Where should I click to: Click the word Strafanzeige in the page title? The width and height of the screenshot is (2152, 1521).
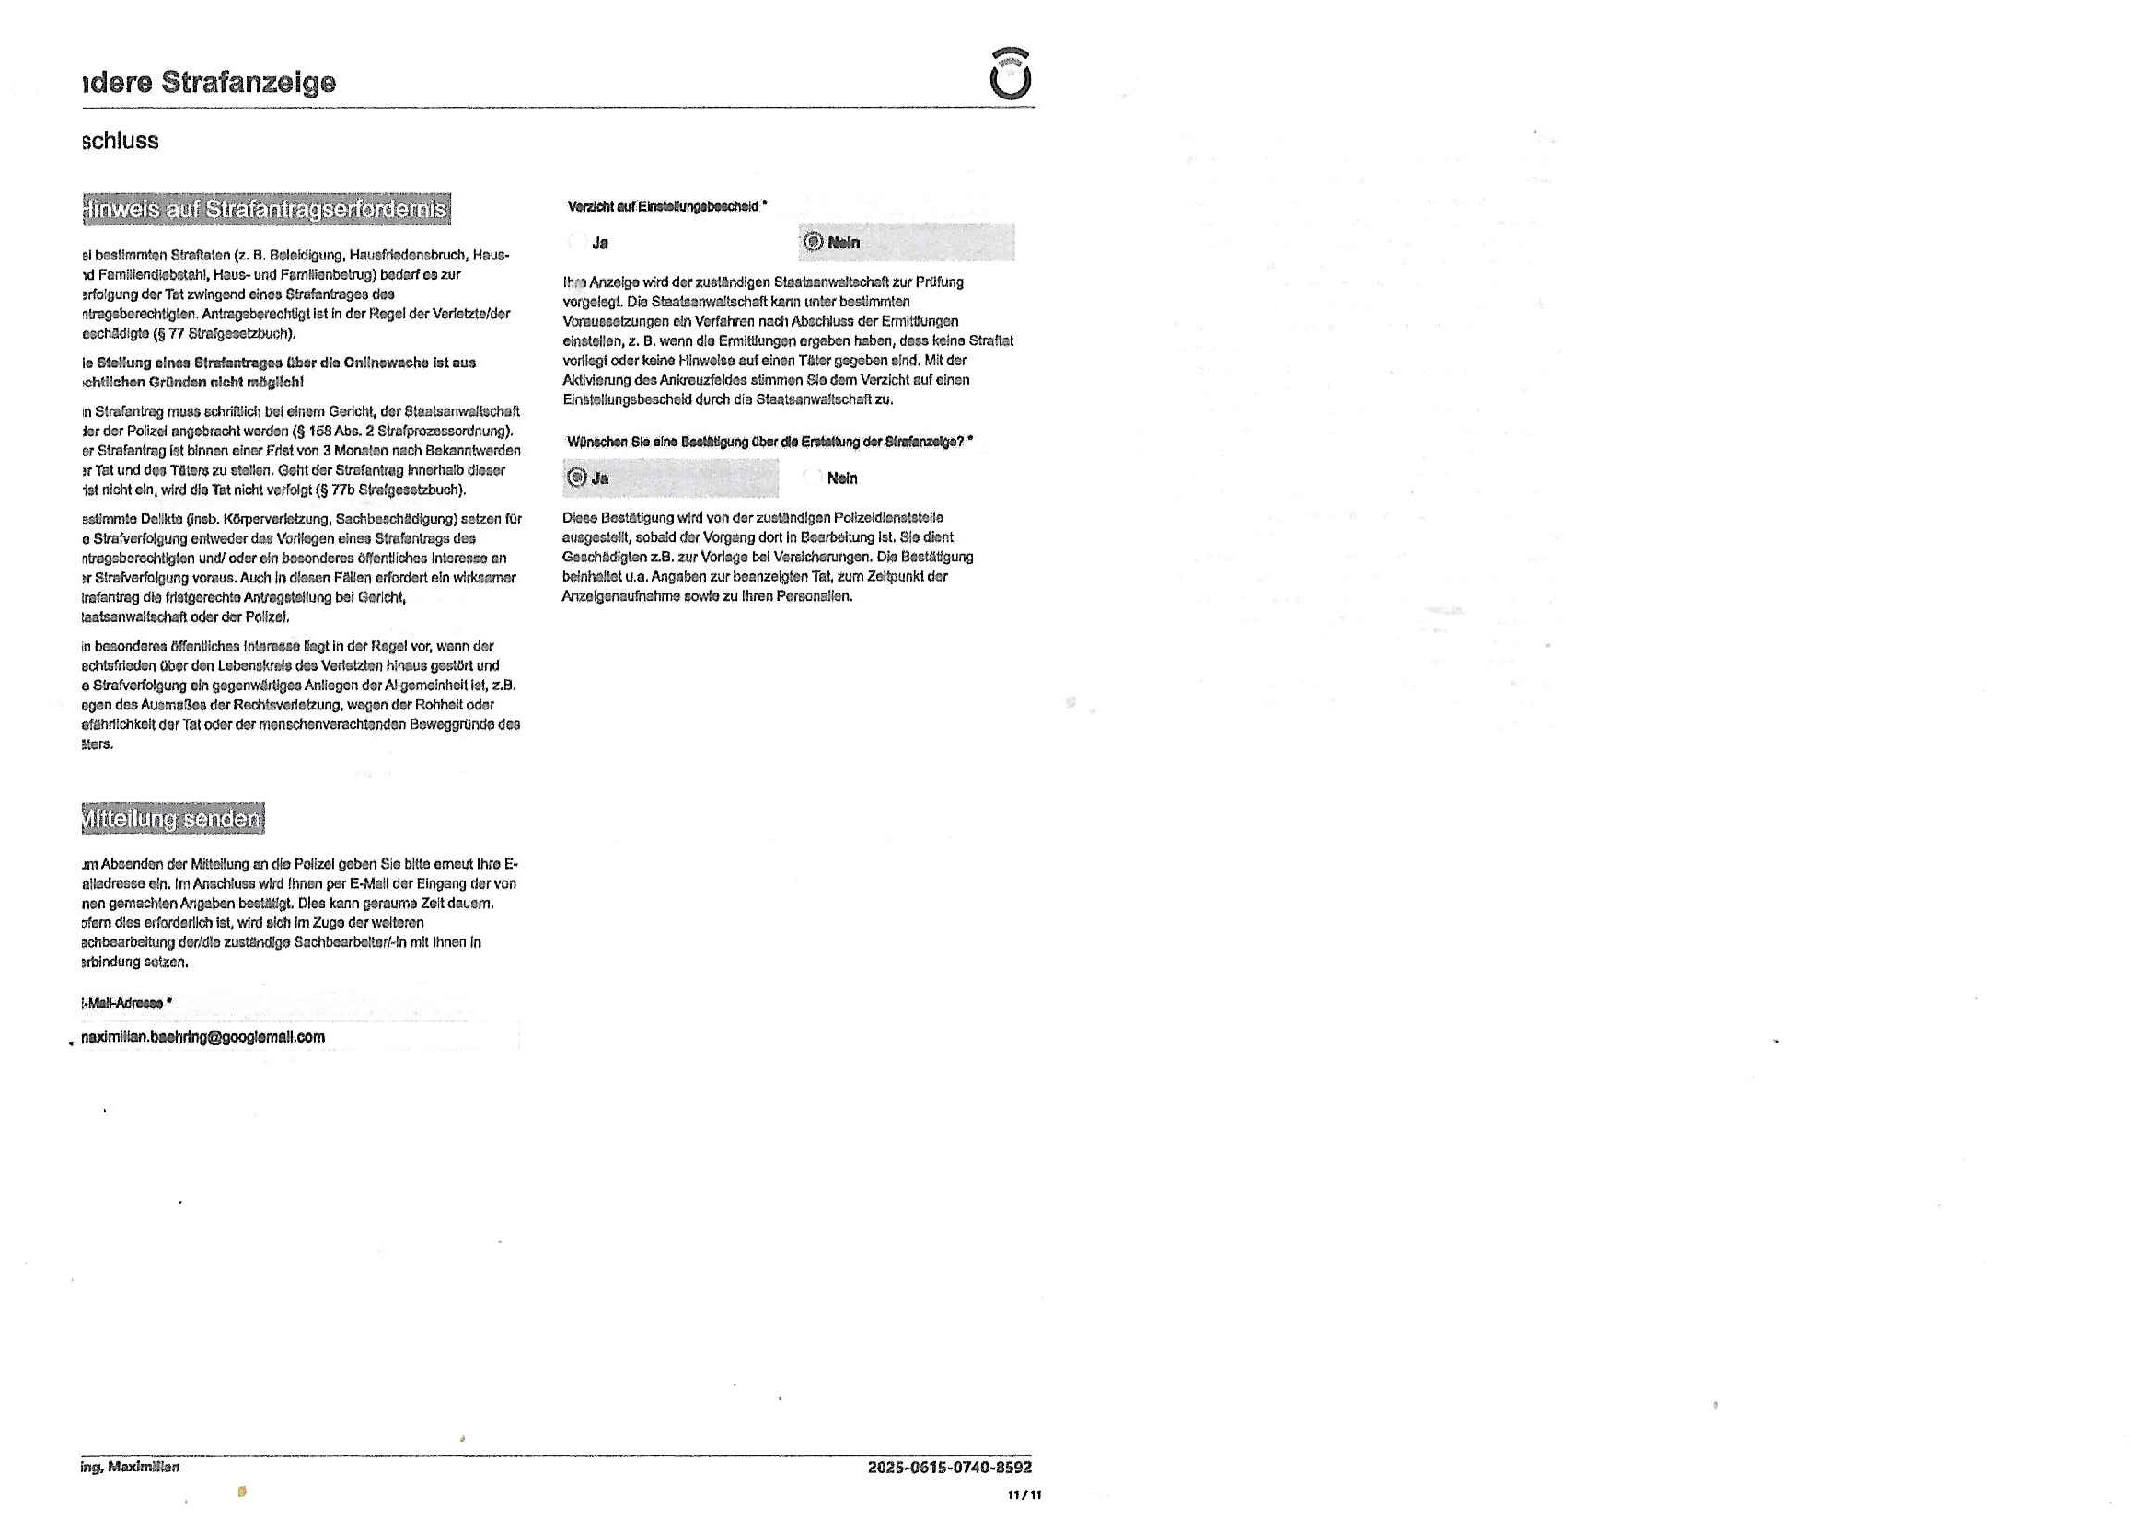(249, 83)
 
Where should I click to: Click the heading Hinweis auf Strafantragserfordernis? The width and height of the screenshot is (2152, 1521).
(266, 209)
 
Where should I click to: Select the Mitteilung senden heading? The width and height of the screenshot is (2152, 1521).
(172, 819)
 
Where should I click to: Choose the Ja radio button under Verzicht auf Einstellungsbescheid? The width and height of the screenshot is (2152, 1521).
(577, 243)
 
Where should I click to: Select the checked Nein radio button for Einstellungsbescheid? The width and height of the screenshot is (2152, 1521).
(813, 243)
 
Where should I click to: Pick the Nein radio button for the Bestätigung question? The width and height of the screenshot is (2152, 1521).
(813, 478)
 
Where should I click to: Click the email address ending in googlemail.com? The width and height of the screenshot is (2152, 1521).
(203, 1037)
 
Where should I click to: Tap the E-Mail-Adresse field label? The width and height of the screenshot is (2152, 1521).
(122, 1003)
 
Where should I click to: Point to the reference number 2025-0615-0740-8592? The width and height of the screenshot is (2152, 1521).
(949, 1468)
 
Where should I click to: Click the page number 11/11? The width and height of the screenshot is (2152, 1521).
(1024, 1496)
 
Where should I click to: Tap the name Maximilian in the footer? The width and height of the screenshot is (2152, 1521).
(144, 1468)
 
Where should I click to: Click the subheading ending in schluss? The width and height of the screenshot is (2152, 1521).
(120, 142)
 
